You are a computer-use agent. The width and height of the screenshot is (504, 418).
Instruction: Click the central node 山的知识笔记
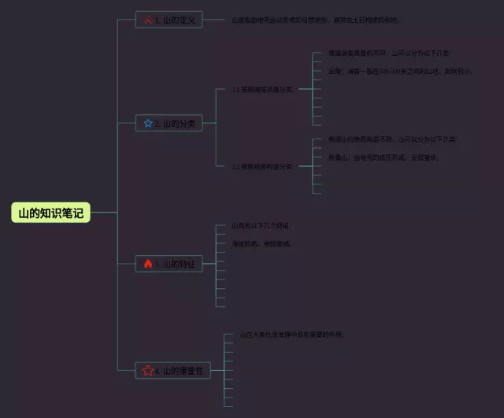[x=51, y=213]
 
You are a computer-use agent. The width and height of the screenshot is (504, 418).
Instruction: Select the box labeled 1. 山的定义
[x=169, y=20]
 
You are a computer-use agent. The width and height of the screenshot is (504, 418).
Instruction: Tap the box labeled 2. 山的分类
[x=169, y=123]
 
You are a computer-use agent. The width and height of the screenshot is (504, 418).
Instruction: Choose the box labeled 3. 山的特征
[x=169, y=264]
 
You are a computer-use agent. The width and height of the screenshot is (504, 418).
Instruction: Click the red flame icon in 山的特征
[x=147, y=264]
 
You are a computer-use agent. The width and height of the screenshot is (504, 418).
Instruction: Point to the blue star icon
[x=147, y=123]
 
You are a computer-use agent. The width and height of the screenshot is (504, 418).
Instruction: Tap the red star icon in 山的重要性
[x=147, y=370]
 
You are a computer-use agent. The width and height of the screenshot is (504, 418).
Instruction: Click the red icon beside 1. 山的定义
[x=147, y=20]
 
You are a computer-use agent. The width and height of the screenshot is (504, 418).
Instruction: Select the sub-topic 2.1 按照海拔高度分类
[x=262, y=90]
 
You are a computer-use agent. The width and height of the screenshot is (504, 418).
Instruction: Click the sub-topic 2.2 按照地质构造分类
[x=262, y=166]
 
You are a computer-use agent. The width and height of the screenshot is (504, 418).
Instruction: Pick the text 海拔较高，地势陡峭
[x=261, y=244]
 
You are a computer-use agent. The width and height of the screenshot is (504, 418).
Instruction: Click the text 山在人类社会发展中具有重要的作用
[x=291, y=335]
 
